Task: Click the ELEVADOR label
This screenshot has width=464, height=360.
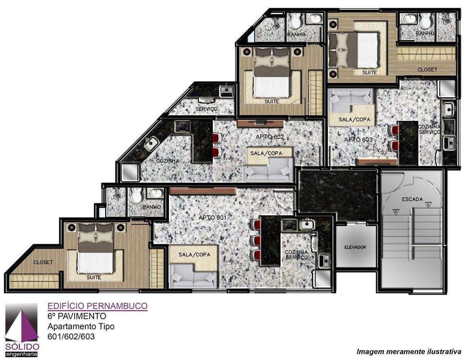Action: [x=355, y=247]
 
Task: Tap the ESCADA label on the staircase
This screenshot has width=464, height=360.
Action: [x=412, y=199]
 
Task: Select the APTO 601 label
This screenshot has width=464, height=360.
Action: [x=212, y=217]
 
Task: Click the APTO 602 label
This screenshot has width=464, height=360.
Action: [x=270, y=137]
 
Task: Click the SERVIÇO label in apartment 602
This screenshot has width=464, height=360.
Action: [x=206, y=109]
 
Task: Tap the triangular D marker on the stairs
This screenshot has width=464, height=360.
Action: [x=396, y=212]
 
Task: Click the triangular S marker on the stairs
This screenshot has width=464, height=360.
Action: [x=428, y=204]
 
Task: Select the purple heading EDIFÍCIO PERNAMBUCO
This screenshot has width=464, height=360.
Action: [x=97, y=306]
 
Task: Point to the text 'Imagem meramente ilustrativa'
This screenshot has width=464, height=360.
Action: [x=409, y=352]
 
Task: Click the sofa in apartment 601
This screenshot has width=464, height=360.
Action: [x=193, y=276]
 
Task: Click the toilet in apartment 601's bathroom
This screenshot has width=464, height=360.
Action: [x=136, y=195]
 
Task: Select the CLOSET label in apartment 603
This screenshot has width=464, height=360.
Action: [x=427, y=70]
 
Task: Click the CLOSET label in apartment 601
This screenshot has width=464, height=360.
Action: [x=43, y=262]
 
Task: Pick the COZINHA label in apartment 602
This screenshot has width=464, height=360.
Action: [x=168, y=161]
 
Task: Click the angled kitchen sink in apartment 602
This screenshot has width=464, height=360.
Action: [x=151, y=143]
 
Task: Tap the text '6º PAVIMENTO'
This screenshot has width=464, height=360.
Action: [x=77, y=316]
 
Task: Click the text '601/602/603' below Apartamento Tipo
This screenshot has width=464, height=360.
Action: [x=71, y=336]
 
